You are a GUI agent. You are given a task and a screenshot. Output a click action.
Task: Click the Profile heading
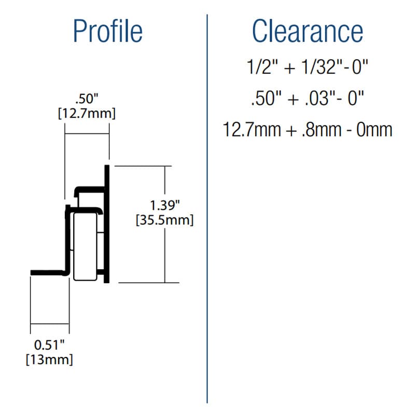[x=108, y=31]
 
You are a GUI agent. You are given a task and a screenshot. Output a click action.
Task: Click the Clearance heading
[x=308, y=31]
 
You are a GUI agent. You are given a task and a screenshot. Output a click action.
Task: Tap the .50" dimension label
[x=87, y=99]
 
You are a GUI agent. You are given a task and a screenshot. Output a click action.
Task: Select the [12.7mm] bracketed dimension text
[x=87, y=114]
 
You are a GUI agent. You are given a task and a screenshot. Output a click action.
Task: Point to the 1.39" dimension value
[x=165, y=205]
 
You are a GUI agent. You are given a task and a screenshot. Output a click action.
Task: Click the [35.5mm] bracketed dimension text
[x=164, y=220]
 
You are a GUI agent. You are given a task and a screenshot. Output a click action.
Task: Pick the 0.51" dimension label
[x=49, y=345]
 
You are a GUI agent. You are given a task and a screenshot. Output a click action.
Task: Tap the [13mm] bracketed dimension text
[x=49, y=359]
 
